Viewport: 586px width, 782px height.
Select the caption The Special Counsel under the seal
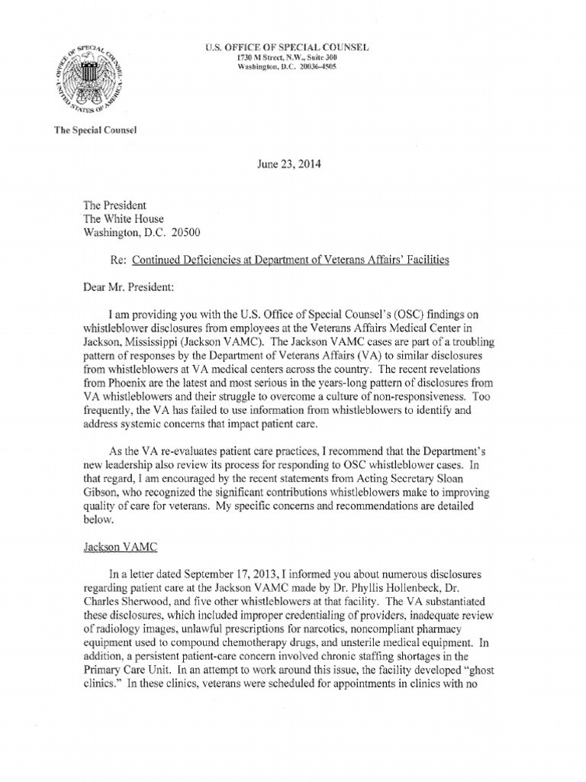pyautogui.click(x=93, y=131)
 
